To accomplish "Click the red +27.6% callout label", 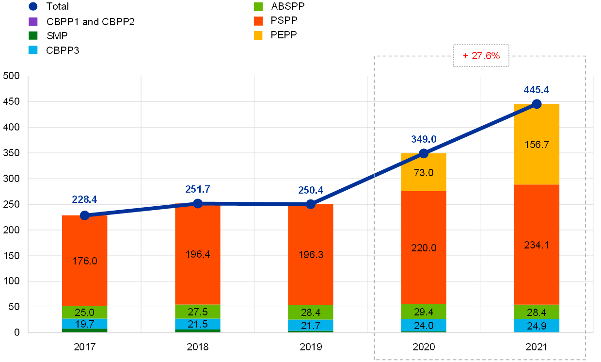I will pyautogui.click(x=481, y=56).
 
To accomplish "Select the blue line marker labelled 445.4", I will pyautogui.click(x=537, y=104).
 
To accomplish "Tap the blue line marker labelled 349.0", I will pyautogui.click(x=424, y=153).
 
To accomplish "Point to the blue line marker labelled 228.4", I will pyautogui.click(x=85, y=215).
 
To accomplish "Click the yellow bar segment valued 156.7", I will pyautogui.click(x=537, y=144).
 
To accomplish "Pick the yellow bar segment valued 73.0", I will pyautogui.click(x=424, y=172).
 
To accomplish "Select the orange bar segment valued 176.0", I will pyautogui.click(x=85, y=261).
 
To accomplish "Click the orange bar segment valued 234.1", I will pyautogui.click(x=537, y=245).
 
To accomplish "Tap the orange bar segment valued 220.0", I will pyautogui.click(x=424, y=248).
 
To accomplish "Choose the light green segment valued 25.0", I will pyautogui.click(x=85, y=313).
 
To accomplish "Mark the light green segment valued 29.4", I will pyautogui.click(x=424, y=312).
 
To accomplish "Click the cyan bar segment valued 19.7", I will pyautogui.click(x=85, y=324).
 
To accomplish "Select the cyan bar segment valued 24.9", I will pyautogui.click(x=537, y=326).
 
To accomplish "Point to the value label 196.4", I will pyautogui.click(x=198, y=254).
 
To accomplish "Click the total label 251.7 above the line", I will pyautogui.click(x=198, y=189).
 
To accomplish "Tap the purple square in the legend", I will pyautogui.click(x=33, y=21).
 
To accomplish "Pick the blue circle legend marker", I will pyautogui.click(x=33, y=7).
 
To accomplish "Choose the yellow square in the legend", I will pyautogui.click(x=258, y=36).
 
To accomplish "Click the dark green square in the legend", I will pyautogui.click(x=33, y=35).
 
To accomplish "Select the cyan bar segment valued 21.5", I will pyautogui.click(x=198, y=324).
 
